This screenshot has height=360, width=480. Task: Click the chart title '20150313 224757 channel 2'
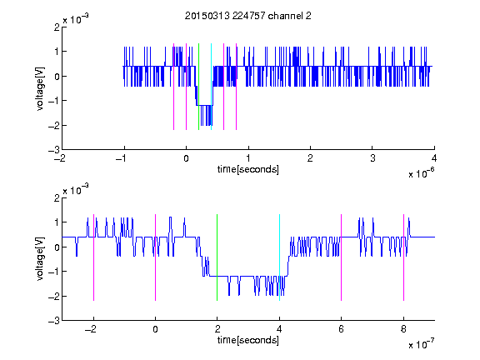pyautogui.click(x=248, y=16)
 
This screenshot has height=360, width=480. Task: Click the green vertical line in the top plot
pyautogui.click(x=198, y=87)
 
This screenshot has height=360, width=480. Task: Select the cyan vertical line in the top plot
pyautogui.click(x=211, y=87)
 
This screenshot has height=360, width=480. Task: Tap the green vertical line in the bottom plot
pyautogui.click(x=217, y=257)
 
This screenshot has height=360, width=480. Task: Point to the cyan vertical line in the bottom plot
pyautogui.click(x=279, y=257)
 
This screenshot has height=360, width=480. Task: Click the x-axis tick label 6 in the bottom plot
pyautogui.click(x=342, y=329)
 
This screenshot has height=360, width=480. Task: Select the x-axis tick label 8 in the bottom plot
pyautogui.click(x=403, y=329)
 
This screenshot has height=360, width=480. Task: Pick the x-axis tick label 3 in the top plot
pyautogui.click(x=372, y=158)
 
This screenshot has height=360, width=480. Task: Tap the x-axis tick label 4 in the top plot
pyautogui.click(x=434, y=158)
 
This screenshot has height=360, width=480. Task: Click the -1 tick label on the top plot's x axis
pyautogui.click(x=122, y=158)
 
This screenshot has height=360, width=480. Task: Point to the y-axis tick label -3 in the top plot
pyautogui.click(x=54, y=150)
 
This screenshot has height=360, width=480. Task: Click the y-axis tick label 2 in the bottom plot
pyautogui.click(x=57, y=197)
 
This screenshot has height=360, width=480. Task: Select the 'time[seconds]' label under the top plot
pyautogui.click(x=248, y=169)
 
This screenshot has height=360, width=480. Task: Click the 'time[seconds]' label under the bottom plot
pyautogui.click(x=248, y=340)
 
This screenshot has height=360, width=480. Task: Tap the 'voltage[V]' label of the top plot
pyautogui.click(x=40, y=89)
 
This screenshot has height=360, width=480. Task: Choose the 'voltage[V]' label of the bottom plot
pyautogui.click(x=40, y=259)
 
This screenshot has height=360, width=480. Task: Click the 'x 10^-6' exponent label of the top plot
pyautogui.click(x=422, y=172)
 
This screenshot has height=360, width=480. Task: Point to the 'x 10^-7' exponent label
pyautogui.click(x=422, y=343)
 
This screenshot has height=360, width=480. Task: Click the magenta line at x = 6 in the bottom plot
pyautogui.click(x=342, y=257)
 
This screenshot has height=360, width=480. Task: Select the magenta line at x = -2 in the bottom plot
pyautogui.click(x=93, y=257)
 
